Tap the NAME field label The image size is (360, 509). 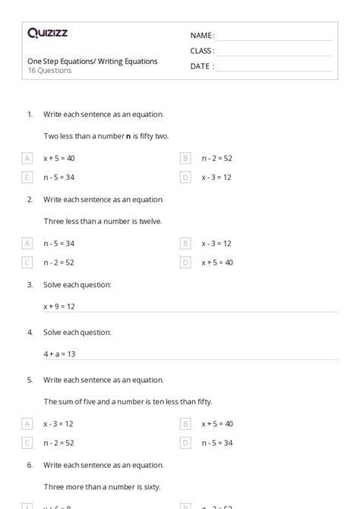coord(201,35)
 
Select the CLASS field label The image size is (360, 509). coord(202,51)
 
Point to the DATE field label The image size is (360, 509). coord(201,66)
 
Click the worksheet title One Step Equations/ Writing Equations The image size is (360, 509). coord(93,61)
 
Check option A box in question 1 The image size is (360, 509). coord(27,158)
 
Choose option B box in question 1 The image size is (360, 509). coord(185,158)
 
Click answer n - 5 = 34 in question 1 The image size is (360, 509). coord(59,178)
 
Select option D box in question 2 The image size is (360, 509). coord(185,262)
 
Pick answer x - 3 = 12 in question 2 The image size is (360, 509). coord(216,243)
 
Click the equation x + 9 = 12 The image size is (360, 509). coord(59,306)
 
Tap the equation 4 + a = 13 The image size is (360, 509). coord(59,353)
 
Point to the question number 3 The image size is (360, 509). coord(30,285)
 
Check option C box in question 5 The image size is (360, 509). coord(27,442)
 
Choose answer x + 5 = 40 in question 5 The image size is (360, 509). coord(217,423)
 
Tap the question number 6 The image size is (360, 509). coord(30,464)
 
